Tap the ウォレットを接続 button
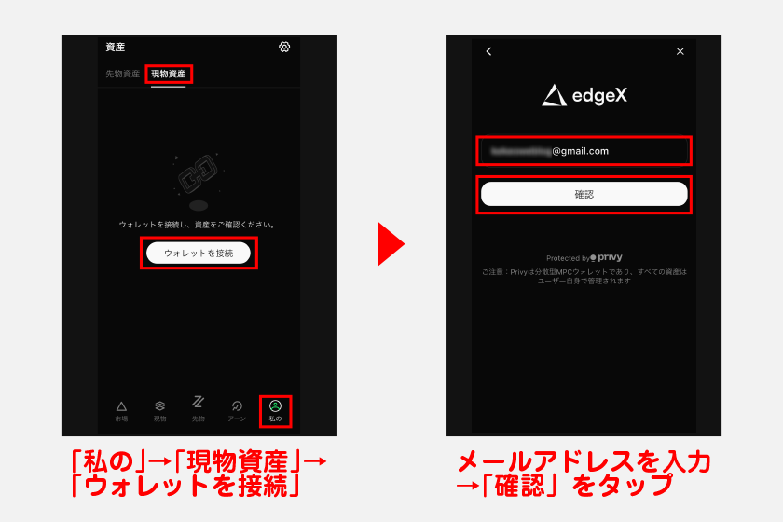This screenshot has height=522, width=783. [199, 253]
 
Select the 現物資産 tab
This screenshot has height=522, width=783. [169, 74]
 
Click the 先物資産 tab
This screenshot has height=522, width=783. [122, 74]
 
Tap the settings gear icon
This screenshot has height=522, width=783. [284, 47]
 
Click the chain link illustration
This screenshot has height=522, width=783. [198, 173]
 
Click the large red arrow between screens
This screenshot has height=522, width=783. [391, 243]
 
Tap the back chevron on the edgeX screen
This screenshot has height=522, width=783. [488, 51]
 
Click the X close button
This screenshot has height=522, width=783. [680, 51]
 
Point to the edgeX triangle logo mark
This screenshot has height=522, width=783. [554, 95]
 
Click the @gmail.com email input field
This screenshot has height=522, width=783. [584, 150]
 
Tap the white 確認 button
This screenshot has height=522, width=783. [584, 194]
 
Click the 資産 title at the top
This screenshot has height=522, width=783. [116, 47]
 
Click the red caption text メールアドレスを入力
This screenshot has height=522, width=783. [584, 460]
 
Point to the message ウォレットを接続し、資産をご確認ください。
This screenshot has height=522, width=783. [198, 225]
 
